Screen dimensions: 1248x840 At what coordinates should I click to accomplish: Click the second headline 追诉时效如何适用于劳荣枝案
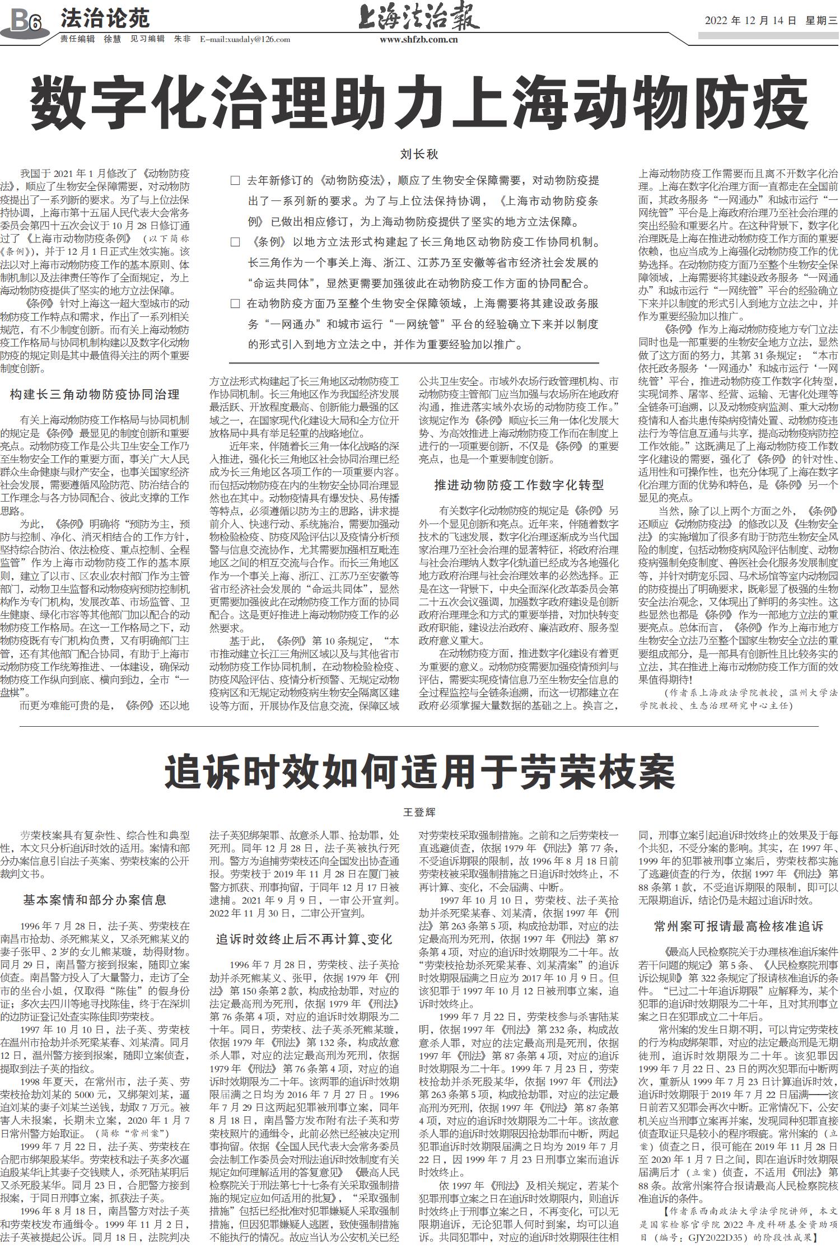[420, 772]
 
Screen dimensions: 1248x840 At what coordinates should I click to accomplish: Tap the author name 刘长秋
[419, 154]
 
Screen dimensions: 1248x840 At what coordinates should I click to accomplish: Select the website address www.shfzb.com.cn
[419, 40]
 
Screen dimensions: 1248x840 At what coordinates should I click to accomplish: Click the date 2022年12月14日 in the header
[750, 21]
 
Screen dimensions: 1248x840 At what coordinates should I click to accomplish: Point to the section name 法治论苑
[105, 19]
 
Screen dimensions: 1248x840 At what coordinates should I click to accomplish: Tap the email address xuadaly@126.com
[245, 39]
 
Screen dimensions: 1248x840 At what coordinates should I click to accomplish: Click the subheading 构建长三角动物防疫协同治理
[95, 394]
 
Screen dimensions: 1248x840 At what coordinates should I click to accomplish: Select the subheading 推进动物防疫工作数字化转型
[519, 485]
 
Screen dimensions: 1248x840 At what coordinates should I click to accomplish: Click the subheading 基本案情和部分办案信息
[95, 900]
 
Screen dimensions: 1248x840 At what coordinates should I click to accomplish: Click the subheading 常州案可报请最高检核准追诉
[739, 926]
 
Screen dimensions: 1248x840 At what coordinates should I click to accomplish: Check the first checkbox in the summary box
[236, 181]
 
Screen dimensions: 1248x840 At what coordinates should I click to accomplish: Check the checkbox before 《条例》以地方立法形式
[236, 242]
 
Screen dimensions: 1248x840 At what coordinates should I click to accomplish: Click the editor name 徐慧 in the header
[112, 39]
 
